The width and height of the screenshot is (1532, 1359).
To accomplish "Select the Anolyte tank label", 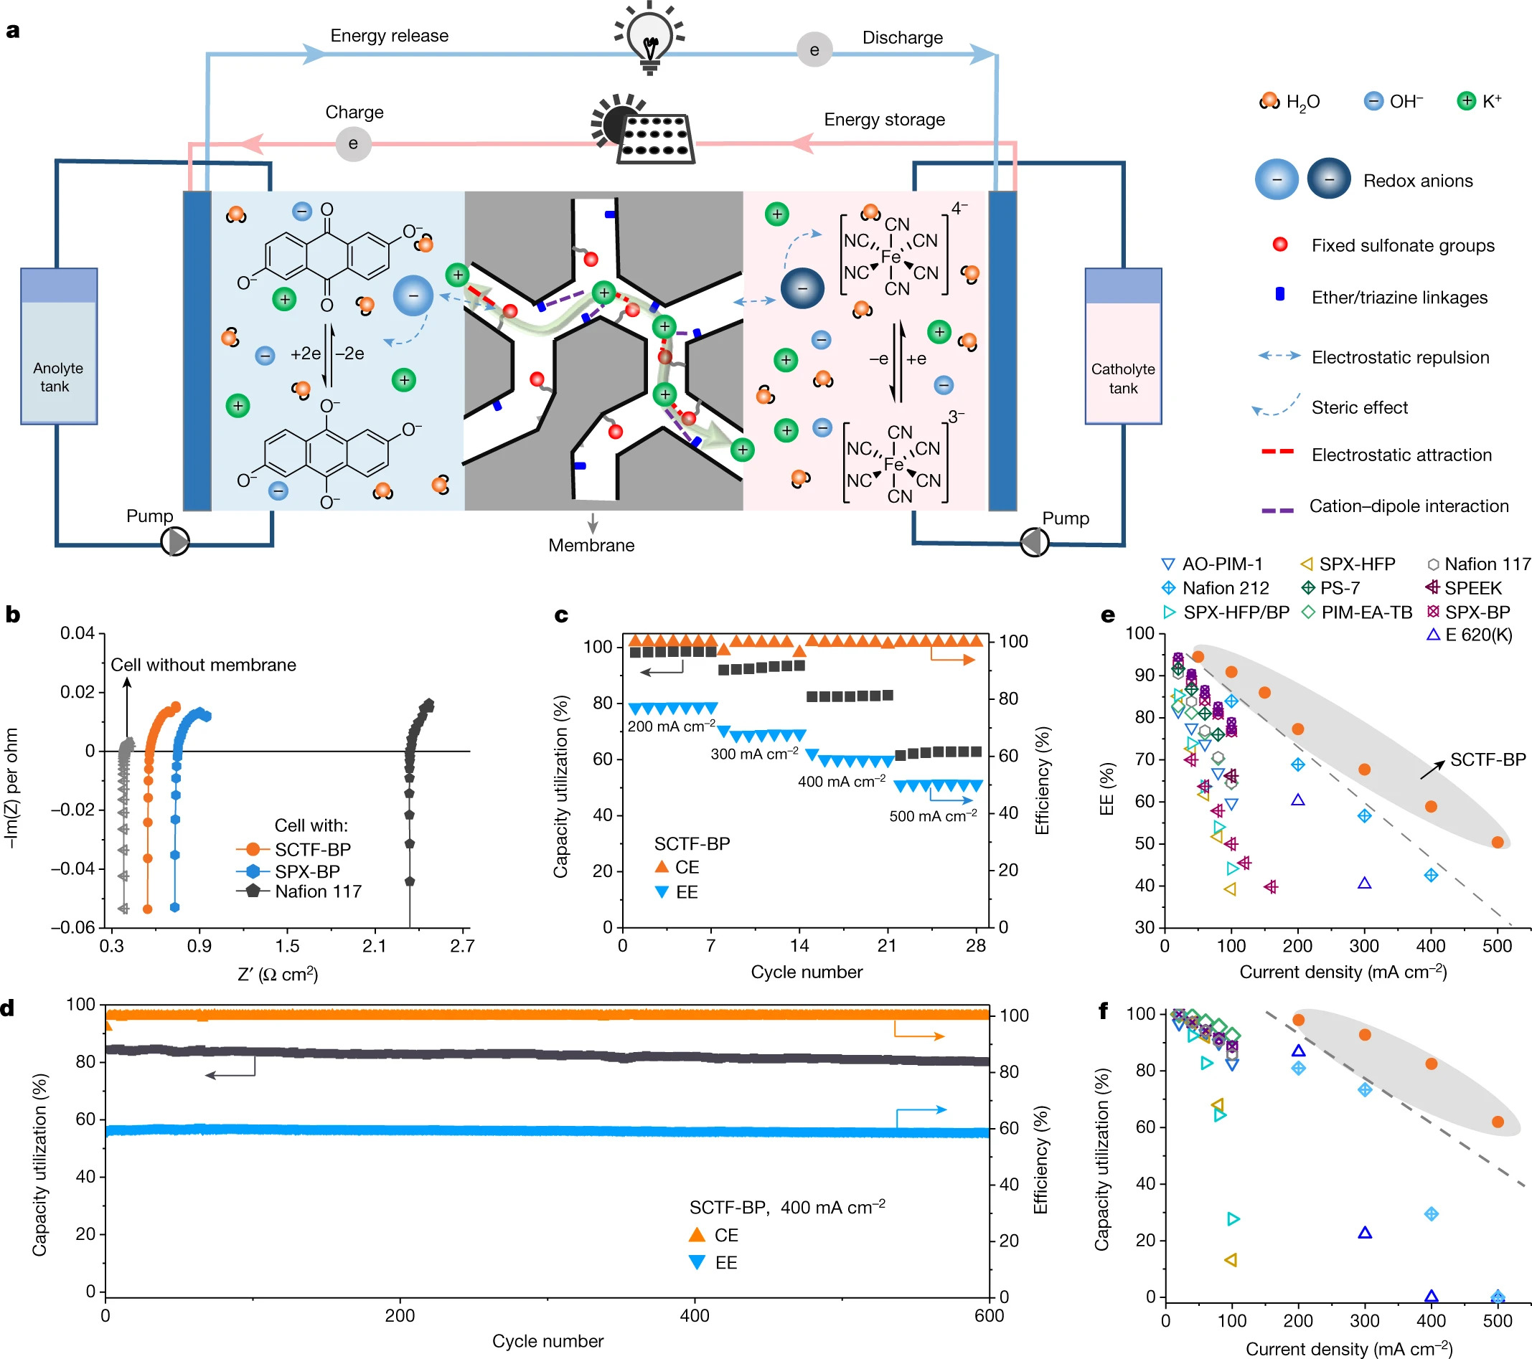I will pyautogui.click(x=57, y=377).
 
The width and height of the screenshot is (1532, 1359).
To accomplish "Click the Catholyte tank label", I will pyautogui.click(x=1122, y=379).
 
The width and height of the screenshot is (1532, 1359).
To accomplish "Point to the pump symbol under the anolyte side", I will pyautogui.click(x=175, y=541).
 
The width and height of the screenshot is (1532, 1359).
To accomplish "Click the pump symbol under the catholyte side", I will pyautogui.click(x=1034, y=541).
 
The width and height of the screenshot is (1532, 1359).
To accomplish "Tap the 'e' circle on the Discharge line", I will pyautogui.click(x=814, y=50).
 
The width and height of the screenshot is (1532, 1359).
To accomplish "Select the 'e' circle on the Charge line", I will pyautogui.click(x=353, y=143).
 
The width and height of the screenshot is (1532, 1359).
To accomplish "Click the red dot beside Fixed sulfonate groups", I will pyautogui.click(x=1280, y=245).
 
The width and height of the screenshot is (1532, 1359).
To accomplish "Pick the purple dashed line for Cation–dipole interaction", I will pyautogui.click(x=1277, y=510).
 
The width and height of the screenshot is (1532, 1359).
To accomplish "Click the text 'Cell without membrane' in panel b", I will pyautogui.click(x=203, y=665).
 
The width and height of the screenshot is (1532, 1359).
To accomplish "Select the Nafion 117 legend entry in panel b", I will pyautogui.click(x=317, y=891).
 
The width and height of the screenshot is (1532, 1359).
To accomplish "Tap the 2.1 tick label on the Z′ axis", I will pyautogui.click(x=374, y=945).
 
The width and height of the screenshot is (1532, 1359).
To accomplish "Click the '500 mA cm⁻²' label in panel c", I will pyautogui.click(x=932, y=816).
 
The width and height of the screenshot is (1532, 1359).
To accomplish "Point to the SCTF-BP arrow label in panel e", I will pyautogui.click(x=1487, y=759).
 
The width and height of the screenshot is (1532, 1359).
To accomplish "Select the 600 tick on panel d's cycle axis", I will pyautogui.click(x=989, y=1315).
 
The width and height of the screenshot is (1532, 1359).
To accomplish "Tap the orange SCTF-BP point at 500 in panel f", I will pyautogui.click(x=1498, y=1122).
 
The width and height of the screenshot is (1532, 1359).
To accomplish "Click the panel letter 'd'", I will pyautogui.click(x=8, y=1008).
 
